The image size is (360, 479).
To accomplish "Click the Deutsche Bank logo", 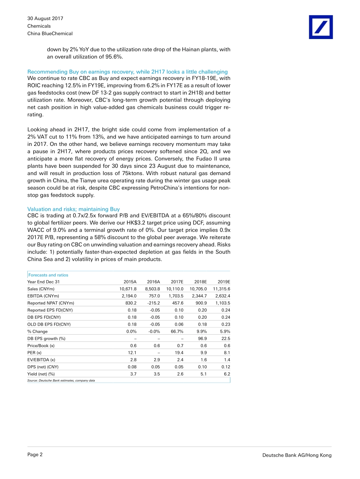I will click(321, 27).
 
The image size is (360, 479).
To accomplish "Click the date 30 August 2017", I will click(45, 19).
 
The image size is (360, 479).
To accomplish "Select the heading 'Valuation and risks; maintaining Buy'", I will click(74, 209).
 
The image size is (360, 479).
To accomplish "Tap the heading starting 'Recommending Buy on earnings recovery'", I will click(127, 72).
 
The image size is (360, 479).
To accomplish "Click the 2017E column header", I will click(177, 282).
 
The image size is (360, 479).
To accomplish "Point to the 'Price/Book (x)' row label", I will click(41, 346).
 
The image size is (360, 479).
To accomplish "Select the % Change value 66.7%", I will click(177, 331).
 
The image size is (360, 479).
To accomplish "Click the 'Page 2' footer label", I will click(35, 455).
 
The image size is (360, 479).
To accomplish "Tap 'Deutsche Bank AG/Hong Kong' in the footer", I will click(297, 456).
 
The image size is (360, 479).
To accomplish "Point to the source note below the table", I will click(61, 380).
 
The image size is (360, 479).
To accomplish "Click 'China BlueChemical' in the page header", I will click(50, 34).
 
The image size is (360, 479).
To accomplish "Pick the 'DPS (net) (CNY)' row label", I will click(43, 367).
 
